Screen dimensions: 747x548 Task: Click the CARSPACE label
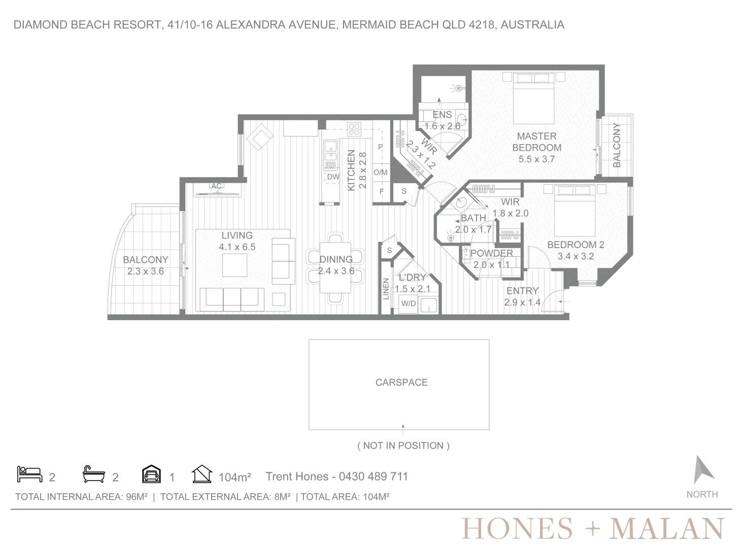401,382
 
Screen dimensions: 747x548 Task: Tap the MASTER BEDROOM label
536,142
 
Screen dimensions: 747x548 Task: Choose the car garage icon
151,474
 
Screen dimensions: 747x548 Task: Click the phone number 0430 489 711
373,476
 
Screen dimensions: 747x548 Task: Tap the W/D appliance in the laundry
409,303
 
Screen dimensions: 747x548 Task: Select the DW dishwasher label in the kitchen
333,177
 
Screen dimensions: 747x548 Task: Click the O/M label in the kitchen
380,172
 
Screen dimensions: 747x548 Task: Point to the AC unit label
216,186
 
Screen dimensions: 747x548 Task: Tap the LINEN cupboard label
386,289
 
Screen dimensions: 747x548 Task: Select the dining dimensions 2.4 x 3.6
336,271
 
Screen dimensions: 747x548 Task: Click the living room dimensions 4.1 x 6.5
237,247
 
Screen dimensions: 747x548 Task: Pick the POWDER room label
492,253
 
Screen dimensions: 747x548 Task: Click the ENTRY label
522,291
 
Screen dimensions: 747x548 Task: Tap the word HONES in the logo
517,529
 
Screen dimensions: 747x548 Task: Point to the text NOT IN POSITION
403,446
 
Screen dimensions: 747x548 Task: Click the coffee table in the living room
235,265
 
